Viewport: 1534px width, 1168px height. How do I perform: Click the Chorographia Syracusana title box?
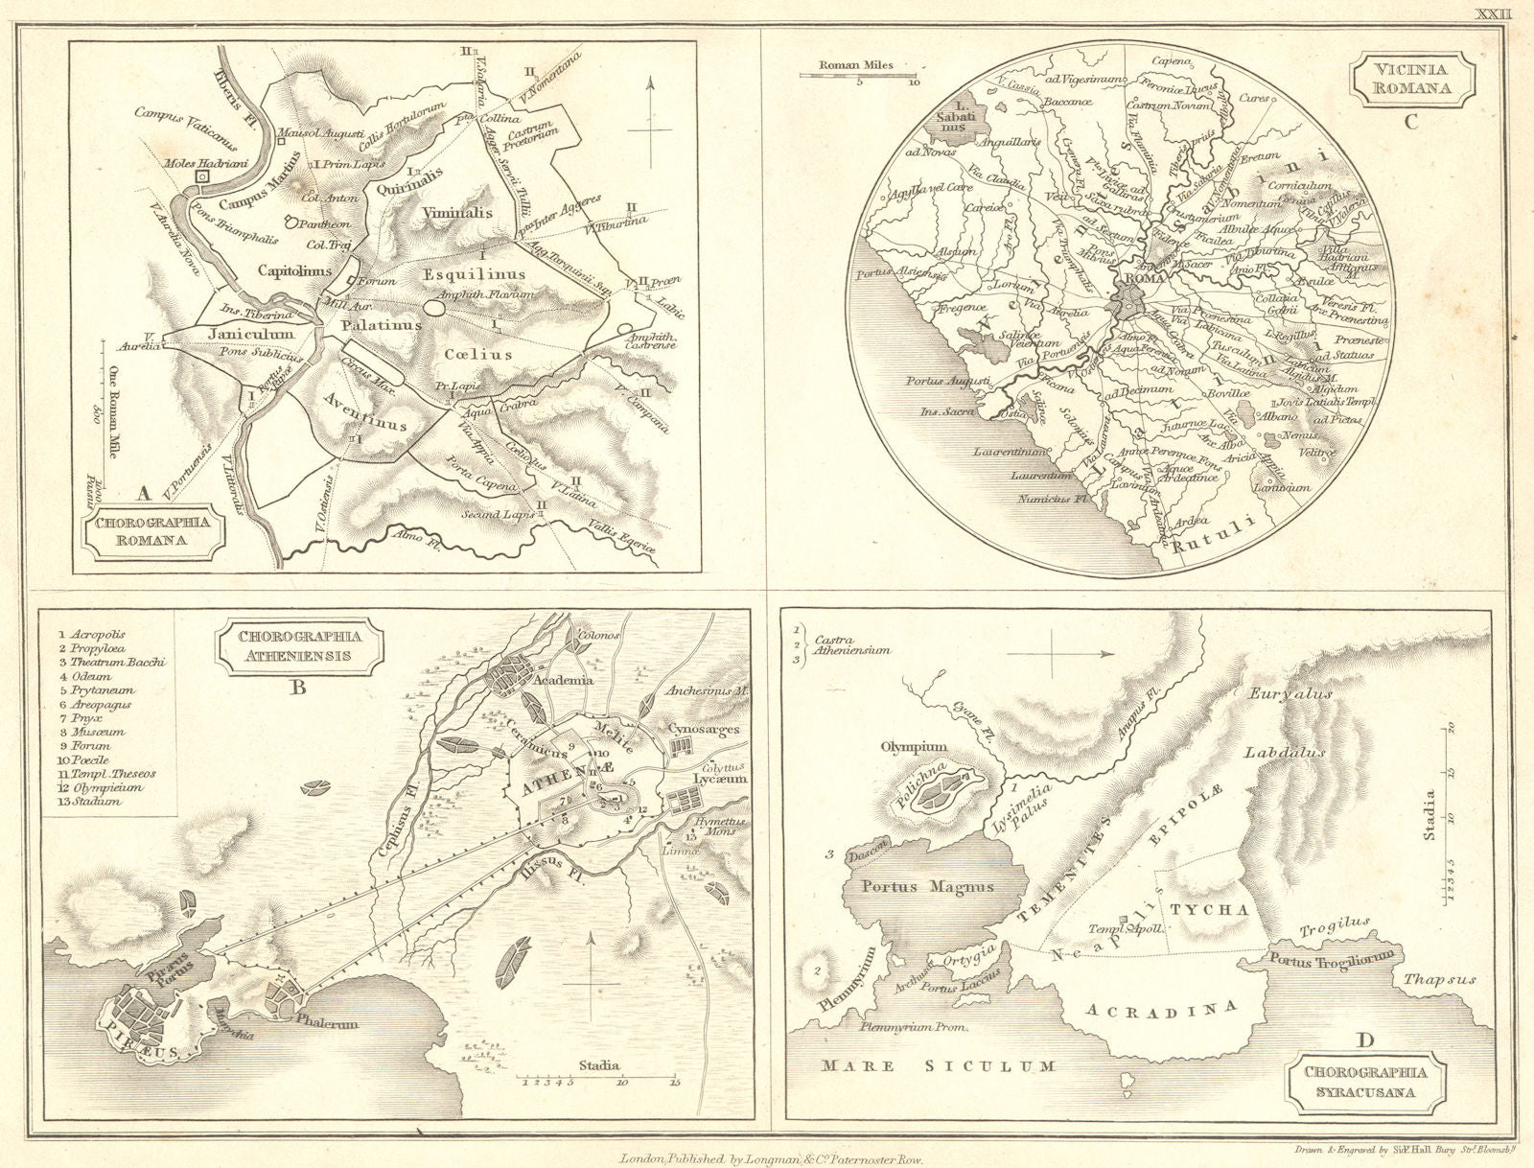pyautogui.click(x=1364, y=1082)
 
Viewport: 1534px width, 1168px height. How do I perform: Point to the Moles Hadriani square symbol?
pyautogui.click(x=203, y=176)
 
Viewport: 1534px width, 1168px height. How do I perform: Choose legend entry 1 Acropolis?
pyautogui.click(x=92, y=635)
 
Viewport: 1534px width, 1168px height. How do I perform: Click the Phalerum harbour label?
pyautogui.click(x=327, y=1022)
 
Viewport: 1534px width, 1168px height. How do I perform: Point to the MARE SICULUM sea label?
pyautogui.click(x=939, y=1065)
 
